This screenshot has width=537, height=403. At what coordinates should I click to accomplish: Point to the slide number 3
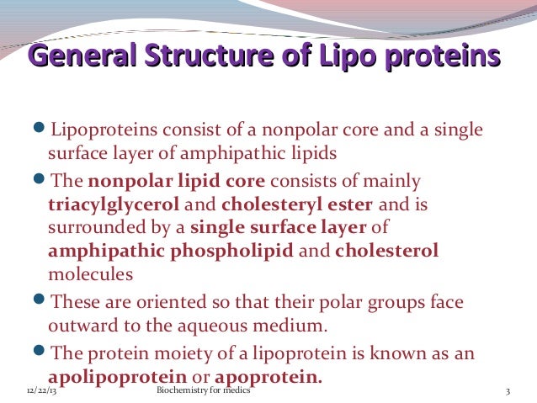click(x=508, y=393)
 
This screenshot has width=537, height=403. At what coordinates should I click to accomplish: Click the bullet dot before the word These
click(x=42, y=300)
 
